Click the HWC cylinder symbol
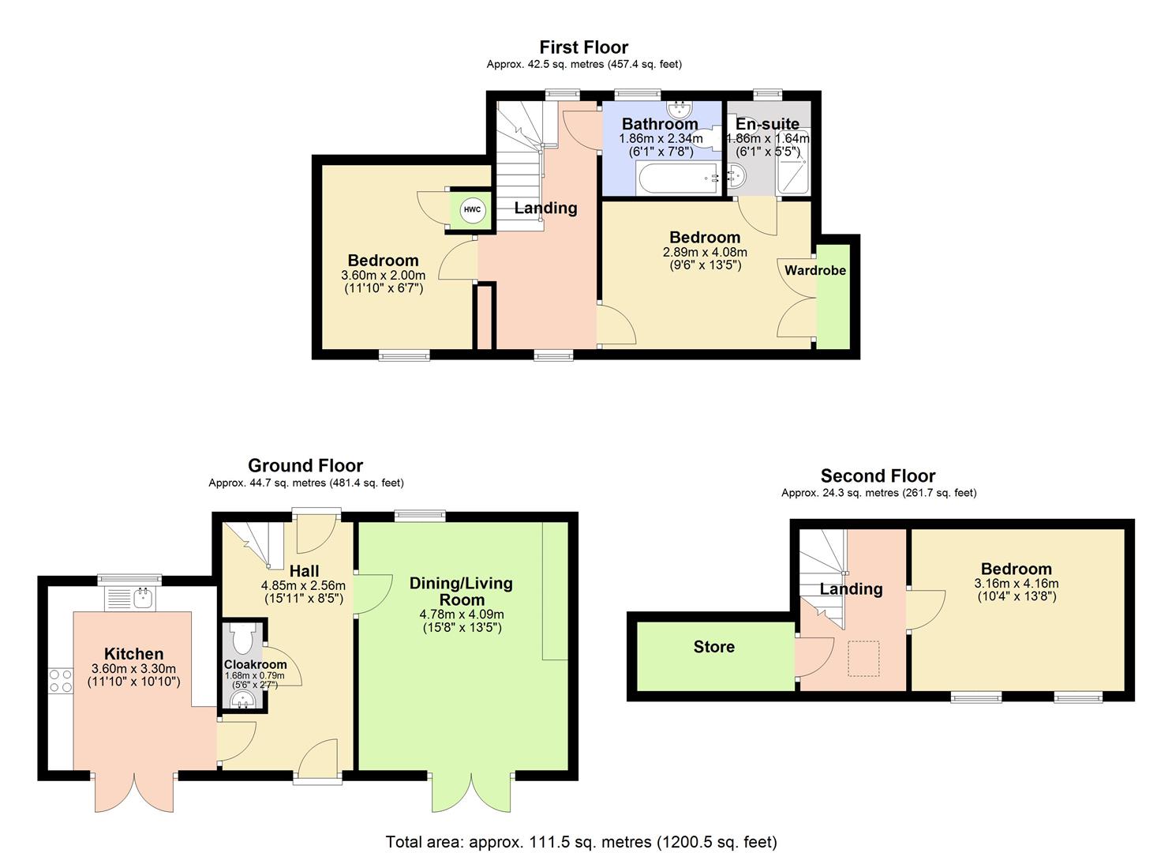point(472,209)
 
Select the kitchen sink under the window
point(131,598)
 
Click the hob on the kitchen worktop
point(61,680)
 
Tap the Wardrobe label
point(814,270)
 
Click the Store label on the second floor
point(713,647)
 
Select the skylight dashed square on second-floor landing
point(863,658)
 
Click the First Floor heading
point(583,47)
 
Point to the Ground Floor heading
point(305,466)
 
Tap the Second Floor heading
point(878,475)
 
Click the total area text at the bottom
point(581,842)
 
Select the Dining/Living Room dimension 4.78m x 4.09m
point(461,614)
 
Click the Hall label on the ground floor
point(304,571)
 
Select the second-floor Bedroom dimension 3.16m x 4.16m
point(1016,584)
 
